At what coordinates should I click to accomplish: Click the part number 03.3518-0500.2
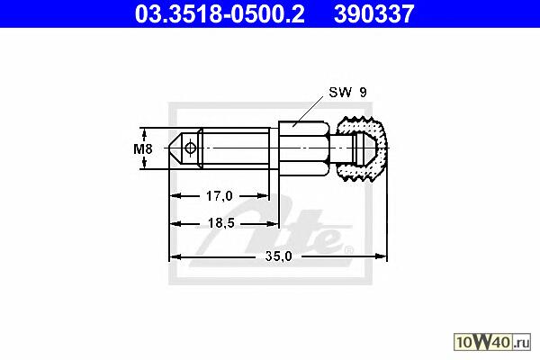tap(220, 14)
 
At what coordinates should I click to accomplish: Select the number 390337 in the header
tap(374, 14)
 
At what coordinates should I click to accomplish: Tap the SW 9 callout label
tap(348, 93)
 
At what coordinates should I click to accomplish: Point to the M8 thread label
tap(143, 149)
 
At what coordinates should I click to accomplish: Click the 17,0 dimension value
tap(220, 196)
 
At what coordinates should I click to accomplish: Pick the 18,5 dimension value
tap(221, 223)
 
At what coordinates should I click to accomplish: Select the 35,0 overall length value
tap(279, 256)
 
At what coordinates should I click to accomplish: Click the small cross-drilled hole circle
tap(190, 148)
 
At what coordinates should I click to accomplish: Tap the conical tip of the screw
tap(175, 148)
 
